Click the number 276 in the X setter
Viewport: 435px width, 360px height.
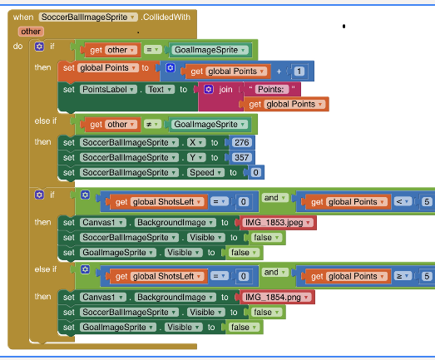click(242, 142)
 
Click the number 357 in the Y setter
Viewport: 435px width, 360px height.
click(242, 157)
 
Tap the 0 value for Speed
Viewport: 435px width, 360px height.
click(255, 172)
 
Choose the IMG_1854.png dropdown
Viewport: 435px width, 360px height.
click(277, 298)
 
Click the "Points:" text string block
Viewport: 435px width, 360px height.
click(271, 89)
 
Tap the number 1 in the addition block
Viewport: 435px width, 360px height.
click(299, 72)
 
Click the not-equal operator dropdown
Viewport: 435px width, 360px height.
click(152, 124)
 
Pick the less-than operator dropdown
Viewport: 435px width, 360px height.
click(403, 202)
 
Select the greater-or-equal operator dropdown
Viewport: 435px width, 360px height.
click(403, 276)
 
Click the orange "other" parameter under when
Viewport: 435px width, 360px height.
click(31, 32)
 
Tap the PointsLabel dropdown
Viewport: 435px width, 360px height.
click(108, 89)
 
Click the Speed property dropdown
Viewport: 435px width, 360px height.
click(205, 172)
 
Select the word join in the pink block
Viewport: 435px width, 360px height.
click(225, 89)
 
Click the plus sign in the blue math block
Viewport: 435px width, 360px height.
click(279, 72)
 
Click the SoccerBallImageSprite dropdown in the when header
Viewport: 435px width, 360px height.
click(88, 17)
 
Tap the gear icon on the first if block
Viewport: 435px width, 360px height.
click(39, 47)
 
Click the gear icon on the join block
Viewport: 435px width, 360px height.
click(209, 89)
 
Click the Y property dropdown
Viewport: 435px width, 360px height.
click(196, 157)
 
